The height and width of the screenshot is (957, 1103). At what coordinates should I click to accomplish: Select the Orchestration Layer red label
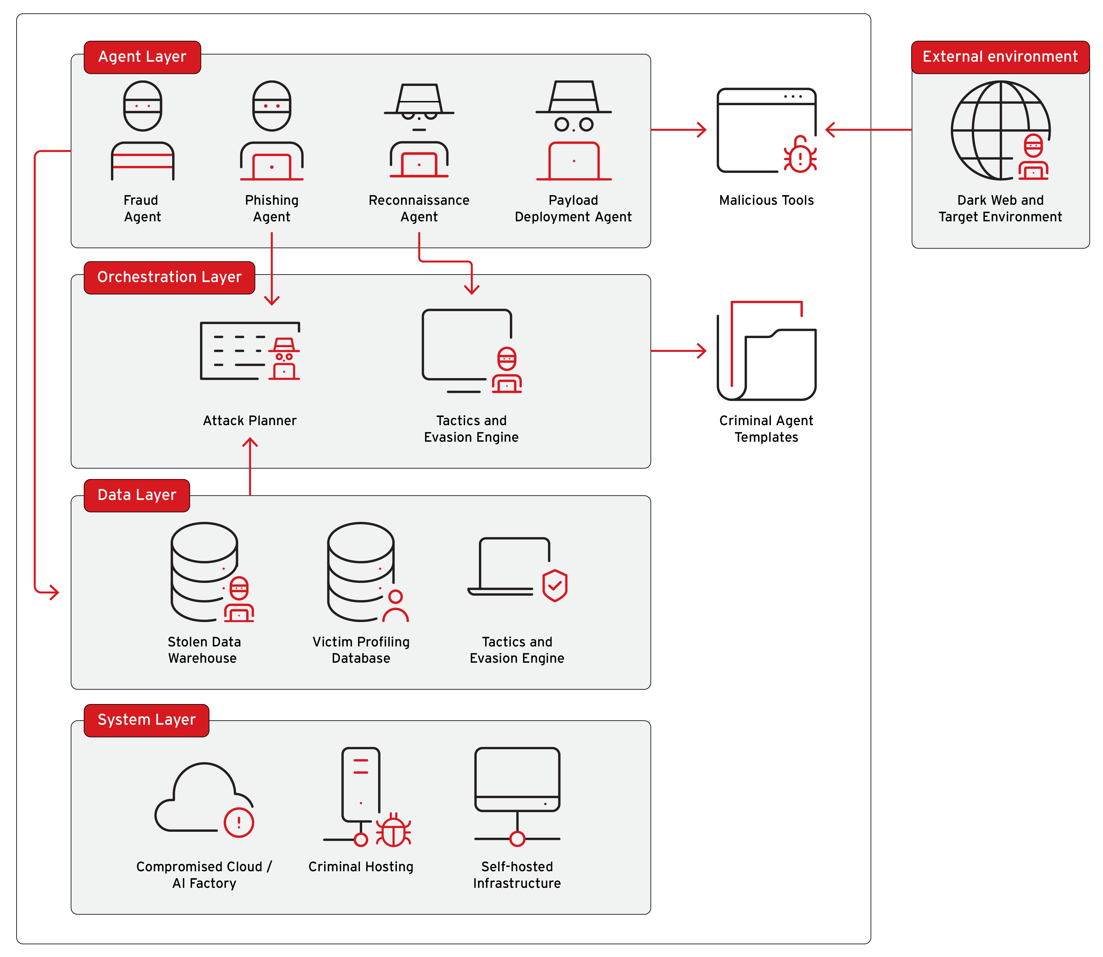pyautogui.click(x=169, y=277)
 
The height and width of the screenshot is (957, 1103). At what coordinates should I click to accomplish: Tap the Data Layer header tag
pyautogui.click(x=137, y=495)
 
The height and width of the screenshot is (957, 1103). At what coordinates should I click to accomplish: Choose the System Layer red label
pyautogui.click(x=146, y=720)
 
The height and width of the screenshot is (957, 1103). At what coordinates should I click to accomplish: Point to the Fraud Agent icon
pyautogui.click(x=142, y=131)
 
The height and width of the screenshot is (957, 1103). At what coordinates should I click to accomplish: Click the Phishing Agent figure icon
pyautogui.click(x=272, y=131)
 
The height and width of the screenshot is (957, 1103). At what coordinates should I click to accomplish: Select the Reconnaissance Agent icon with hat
pyautogui.click(x=419, y=131)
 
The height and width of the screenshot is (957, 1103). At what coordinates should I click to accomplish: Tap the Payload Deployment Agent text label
pyautogui.click(x=573, y=208)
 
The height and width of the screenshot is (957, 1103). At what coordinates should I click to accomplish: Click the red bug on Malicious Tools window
pyautogui.click(x=800, y=156)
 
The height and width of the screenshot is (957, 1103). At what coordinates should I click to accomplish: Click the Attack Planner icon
pyautogui.click(x=249, y=351)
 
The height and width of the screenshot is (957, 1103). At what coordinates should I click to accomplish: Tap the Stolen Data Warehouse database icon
pyautogui.click(x=208, y=571)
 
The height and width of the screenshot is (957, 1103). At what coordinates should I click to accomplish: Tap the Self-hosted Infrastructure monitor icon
pyautogui.click(x=517, y=780)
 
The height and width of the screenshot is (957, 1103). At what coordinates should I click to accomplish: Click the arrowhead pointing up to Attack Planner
pyautogui.click(x=250, y=442)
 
